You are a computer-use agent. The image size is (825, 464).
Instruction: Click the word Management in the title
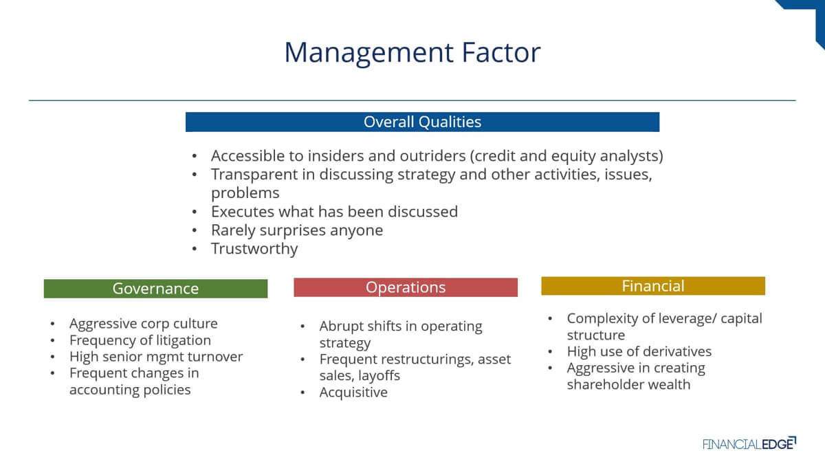click(369, 54)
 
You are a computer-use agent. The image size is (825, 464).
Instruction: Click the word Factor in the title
click(501, 52)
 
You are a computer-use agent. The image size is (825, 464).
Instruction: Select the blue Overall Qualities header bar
click(422, 122)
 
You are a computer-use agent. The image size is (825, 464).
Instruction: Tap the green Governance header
click(156, 288)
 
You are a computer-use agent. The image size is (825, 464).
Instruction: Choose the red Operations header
click(406, 287)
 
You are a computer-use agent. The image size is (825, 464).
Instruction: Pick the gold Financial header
click(653, 286)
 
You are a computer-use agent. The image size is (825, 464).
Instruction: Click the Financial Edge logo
click(749, 443)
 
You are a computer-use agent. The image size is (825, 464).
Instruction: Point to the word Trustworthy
click(254, 249)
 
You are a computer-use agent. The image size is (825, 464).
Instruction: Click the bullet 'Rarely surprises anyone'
click(297, 230)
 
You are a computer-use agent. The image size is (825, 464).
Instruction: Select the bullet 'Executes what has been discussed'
click(334, 212)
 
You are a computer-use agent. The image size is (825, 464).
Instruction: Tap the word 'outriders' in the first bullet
click(432, 156)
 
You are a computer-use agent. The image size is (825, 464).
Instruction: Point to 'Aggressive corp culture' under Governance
click(144, 324)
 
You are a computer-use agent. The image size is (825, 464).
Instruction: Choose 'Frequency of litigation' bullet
click(140, 340)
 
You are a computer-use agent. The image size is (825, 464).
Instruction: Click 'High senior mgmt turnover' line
click(156, 357)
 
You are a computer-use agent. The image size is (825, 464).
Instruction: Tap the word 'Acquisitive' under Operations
click(353, 393)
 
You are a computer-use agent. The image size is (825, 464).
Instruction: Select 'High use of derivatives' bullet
click(639, 351)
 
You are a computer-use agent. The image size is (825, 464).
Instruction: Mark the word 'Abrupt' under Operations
click(342, 327)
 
